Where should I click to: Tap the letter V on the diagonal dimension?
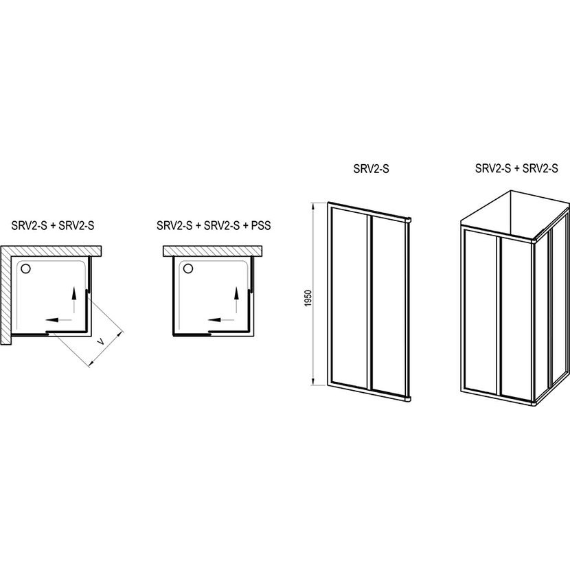click(102, 342)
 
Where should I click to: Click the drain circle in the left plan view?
click(26, 269)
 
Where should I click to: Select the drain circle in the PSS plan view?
click(188, 269)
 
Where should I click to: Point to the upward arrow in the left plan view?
click(73, 300)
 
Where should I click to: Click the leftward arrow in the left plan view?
click(58, 320)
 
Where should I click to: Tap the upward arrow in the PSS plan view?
click(236, 300)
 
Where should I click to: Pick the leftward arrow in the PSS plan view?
click(221, 320)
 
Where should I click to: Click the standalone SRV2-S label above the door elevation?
click(371, 169)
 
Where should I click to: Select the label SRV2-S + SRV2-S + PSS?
click(214, 225)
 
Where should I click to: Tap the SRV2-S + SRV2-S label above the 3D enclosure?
click(516, 168)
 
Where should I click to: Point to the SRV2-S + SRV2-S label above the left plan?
click(53, 225)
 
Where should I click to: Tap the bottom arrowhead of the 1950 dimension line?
click(312, 381)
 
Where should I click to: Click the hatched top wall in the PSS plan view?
click(213, 251)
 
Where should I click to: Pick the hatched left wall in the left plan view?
click(5, 295)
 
